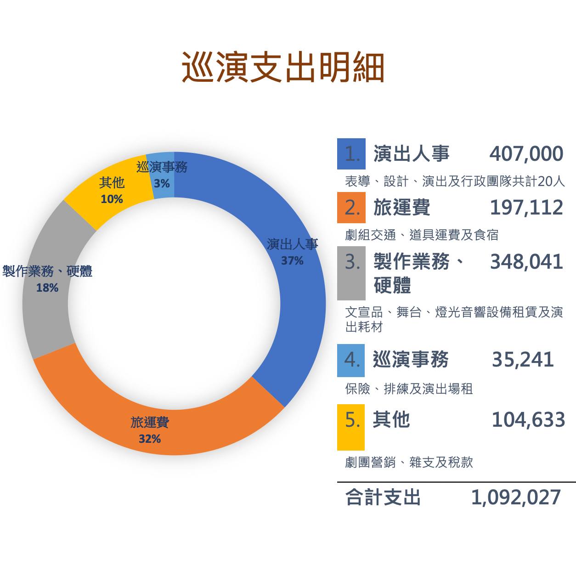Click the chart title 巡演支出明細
283,68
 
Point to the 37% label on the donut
292,261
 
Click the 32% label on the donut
150,439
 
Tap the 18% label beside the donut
47,288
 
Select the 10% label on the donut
112,199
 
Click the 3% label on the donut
162,184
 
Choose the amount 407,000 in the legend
526,154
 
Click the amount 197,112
526,208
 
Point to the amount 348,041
526,262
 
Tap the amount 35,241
523,360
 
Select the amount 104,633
528,420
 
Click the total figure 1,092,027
516,497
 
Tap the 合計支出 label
383,497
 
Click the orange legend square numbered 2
351,208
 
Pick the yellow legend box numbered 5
351,427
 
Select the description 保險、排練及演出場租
409,389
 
